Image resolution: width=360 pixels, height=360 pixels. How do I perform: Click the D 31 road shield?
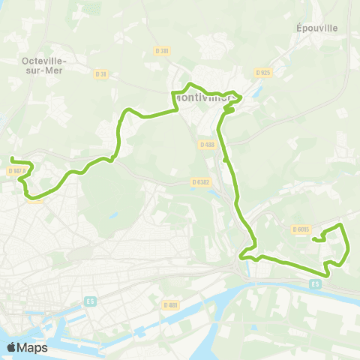pyautogui.click(x=102, y=73)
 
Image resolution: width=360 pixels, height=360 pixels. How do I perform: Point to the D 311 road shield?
pyautogui.click(x=164, y=51)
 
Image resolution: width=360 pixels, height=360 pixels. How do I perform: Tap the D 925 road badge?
pyautogui.click(x=262, y=73)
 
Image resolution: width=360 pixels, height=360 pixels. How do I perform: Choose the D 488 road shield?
pyautogui.click(x=208, y=144)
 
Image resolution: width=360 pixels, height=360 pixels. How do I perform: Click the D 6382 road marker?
pyautogui.click(x=200, y=181)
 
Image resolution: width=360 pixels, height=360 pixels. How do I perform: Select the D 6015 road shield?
pyautogui.click(x=301, y=229)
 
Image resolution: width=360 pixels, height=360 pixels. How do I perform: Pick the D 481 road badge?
pyautogui.click(x=171, y=304)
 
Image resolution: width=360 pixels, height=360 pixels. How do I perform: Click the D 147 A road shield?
pyautogui.click(x=18, y=171)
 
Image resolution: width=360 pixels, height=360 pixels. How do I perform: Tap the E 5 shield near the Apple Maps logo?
pyautogui.click(x=90, y=301)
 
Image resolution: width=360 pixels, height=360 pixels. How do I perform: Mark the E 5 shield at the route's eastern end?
pyautogui.click(x=316, y=283)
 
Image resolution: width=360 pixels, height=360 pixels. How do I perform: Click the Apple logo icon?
pyautogui.click(x=12, y=347)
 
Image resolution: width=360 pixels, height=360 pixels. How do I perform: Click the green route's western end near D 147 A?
pyautogui.click(x=12, y=158)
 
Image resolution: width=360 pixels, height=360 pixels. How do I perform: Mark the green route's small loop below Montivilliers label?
pyautogui.click(x=229, y=110)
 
